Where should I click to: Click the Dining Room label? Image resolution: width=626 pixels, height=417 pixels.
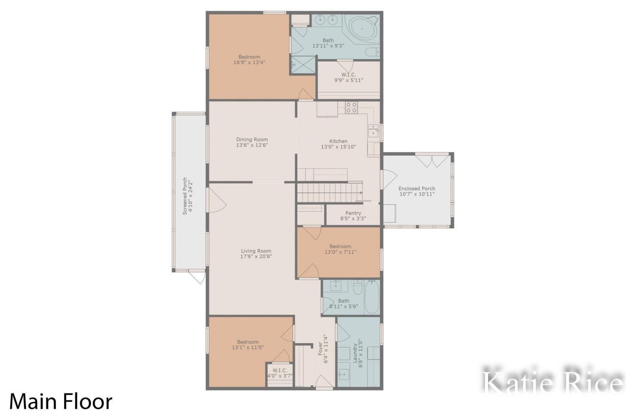pos(252,139)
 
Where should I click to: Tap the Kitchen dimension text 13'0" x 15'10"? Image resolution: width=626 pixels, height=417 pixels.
pos(338,147)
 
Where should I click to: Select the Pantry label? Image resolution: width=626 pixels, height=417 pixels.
pos(353,213)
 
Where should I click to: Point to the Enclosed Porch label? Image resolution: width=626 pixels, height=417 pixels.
pos(417,189)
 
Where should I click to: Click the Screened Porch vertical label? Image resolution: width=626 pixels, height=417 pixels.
pos(185,196)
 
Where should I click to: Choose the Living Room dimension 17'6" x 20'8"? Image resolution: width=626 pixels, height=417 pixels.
pos(256,256)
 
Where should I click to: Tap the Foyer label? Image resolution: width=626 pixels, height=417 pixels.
pos(320,349)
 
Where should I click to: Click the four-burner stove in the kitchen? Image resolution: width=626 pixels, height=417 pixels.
pos(351,108)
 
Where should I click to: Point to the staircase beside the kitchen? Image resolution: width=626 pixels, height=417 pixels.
pos(330,192)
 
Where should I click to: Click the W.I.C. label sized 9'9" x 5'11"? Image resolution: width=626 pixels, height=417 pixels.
pos(349,75)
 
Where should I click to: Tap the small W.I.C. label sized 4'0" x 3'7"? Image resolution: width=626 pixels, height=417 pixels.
pos(280,371)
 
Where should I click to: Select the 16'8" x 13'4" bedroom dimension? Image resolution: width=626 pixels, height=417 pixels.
pos(249,62)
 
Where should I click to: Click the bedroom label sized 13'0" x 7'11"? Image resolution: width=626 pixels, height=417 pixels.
pos(340,246)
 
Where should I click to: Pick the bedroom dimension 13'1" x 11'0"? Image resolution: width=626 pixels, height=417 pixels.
pos(247,348)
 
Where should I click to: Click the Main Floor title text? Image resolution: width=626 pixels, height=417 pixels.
pos(61,401)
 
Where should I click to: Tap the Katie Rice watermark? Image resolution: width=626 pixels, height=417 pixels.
pos(553,383)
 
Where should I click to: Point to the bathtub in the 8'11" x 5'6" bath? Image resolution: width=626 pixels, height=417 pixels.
pos(372,297)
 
